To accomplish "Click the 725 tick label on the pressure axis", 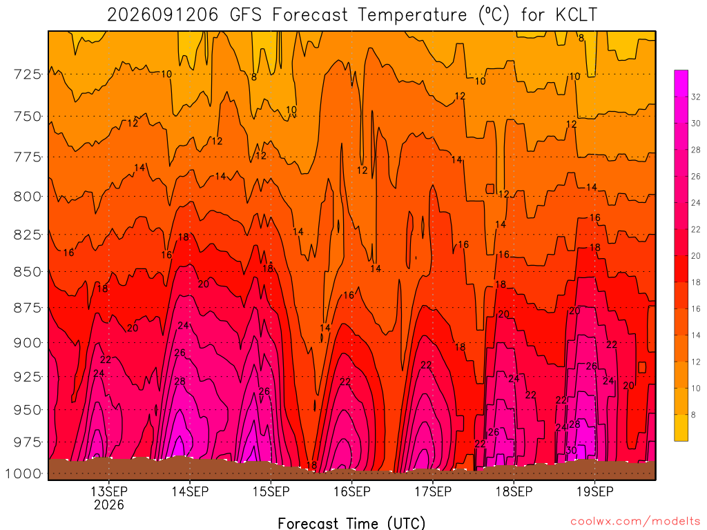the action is [27, 74].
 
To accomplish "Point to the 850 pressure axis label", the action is [27, 272].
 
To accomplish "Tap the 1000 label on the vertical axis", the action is [23, 473].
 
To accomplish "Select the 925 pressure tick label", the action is [27, 376].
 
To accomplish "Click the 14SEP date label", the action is [190, 491].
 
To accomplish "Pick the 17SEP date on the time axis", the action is [433, 491].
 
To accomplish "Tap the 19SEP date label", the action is [594, 491].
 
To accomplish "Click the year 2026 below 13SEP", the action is [108, 504].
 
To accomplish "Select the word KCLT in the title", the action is [577, 15].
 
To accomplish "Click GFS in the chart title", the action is [245, 15].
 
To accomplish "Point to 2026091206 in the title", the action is [163, 15].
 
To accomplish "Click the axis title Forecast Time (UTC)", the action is [351, 523].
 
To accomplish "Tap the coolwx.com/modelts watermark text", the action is [635, 521].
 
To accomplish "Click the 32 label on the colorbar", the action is [696, 97].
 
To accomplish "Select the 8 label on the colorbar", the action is [693, 415].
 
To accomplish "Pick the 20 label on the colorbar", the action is [696, 256].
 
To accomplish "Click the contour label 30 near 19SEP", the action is [571, 450].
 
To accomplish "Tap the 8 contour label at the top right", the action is [581, 39].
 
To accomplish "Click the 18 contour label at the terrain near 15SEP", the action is [311, 465].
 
